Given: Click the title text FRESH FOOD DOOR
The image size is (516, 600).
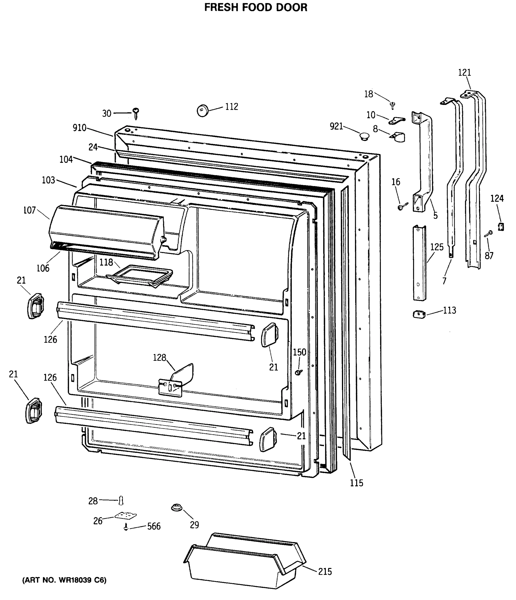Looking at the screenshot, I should coord(256,7).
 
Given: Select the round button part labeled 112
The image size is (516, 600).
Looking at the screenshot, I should coord(203,110).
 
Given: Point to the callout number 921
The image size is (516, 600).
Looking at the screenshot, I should coord(336,126).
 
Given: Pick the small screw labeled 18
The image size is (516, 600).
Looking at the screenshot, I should coord(393,105).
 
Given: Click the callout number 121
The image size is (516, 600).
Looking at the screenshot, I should coord(465,72).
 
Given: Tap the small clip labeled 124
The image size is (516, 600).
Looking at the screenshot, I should coord(501,226).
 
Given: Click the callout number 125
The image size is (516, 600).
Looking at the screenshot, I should coord(437,247).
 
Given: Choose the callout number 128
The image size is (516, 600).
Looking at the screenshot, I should coord(159,358).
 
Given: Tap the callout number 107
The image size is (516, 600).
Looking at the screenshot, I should coord(29,210).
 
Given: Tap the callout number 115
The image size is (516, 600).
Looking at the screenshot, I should coord(356,483).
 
